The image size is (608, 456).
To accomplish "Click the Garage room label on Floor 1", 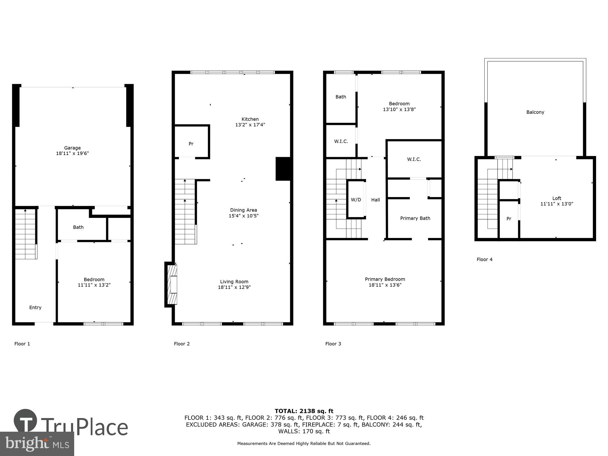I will point(72,148).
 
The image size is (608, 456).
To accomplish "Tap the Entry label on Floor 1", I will point(35,307).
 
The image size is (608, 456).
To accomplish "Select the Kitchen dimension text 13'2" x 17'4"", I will point(250,125).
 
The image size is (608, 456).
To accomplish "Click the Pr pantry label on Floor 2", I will point(191,144).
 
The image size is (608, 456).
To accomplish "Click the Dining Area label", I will point(243,210).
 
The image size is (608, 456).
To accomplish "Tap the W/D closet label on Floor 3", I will point(356,200).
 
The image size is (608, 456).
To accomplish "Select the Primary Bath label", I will point(415,218).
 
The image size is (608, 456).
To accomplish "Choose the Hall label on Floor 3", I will point(375,200).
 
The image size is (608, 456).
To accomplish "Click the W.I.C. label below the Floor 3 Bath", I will point(341,141).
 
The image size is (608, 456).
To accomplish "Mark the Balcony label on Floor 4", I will point(535,112).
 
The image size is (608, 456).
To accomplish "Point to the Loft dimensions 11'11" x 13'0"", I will point(557,204).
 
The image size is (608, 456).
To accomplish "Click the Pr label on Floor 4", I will point(509,219).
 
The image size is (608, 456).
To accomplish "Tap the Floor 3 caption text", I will point(333,344).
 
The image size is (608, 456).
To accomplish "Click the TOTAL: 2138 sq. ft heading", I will point(304,411).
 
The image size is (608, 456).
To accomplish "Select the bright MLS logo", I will point(37,444).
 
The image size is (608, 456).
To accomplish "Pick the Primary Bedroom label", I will point(385,279).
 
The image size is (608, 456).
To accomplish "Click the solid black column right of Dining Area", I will point(284,169).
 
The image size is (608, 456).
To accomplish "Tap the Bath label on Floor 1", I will point(78,227).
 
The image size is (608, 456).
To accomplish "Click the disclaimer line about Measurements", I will point(304,444).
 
